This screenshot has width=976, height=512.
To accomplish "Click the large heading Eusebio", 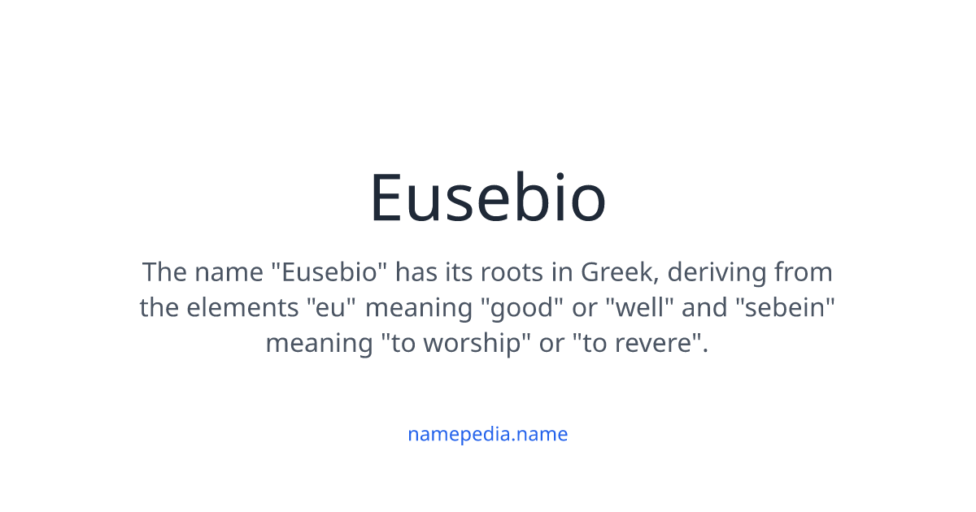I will pos(488,197).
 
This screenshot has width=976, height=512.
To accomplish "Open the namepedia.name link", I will pos(488,434).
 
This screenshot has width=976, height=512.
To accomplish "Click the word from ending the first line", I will pos(804,271).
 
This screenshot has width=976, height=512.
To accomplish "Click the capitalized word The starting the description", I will pos(164,271).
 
